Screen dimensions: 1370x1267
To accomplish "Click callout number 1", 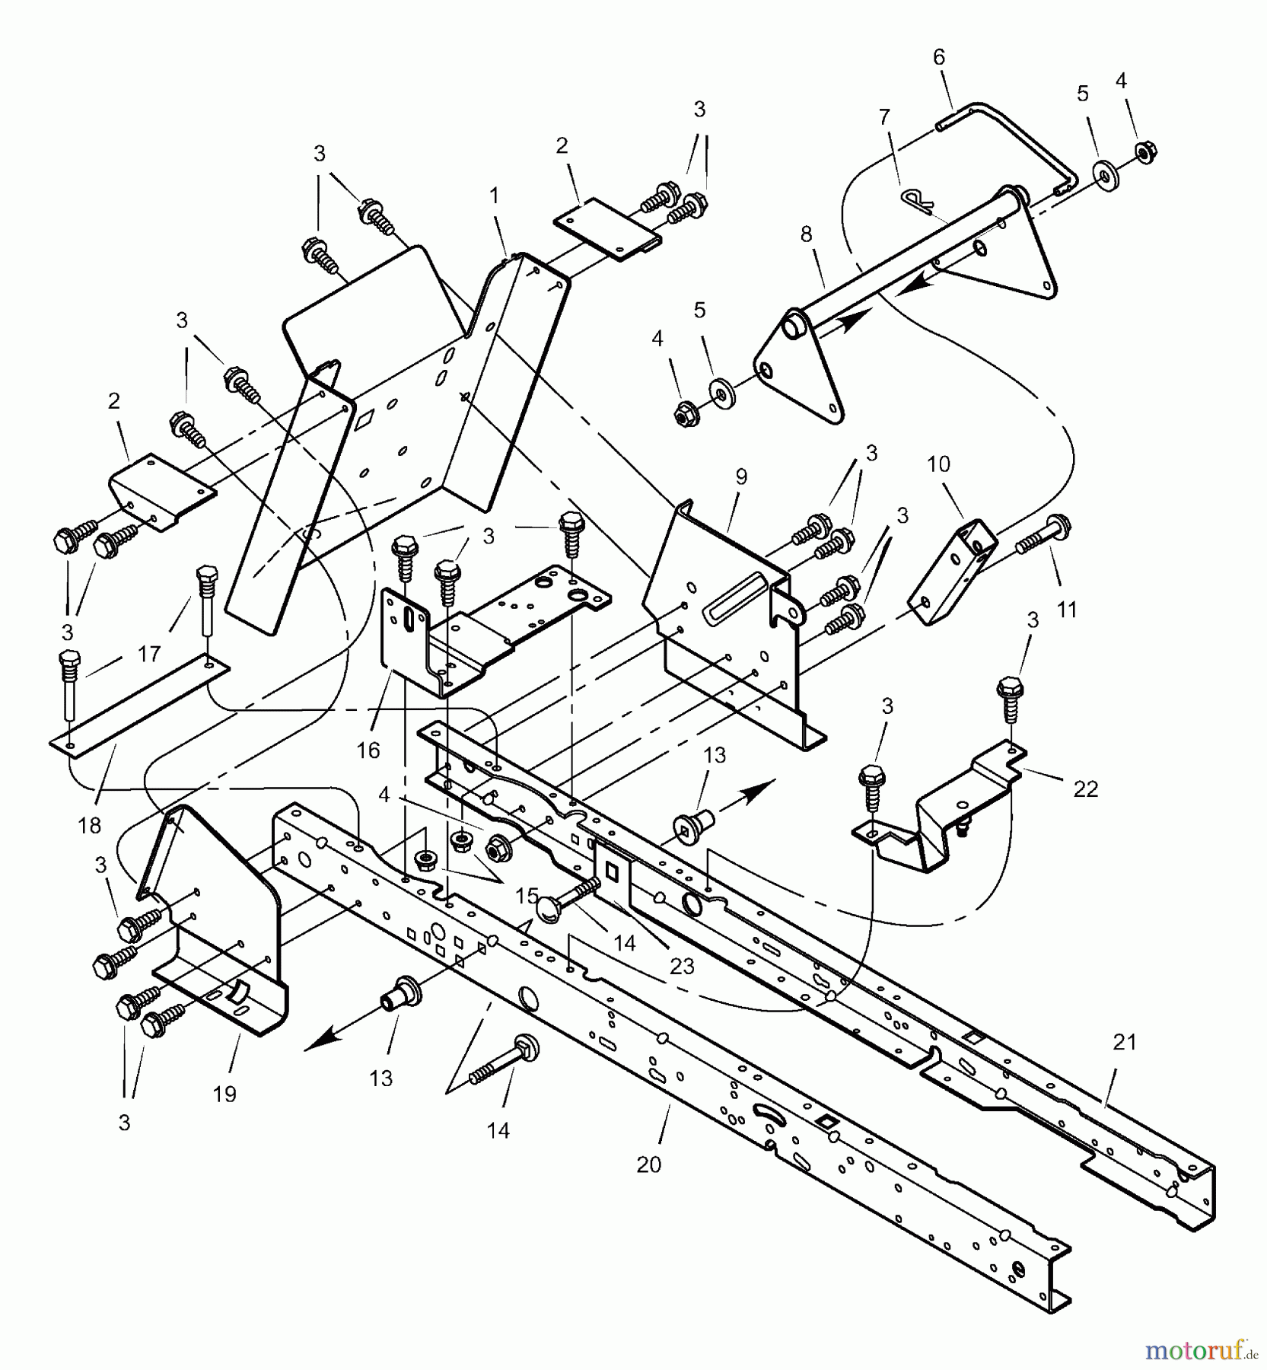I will tap(495, 196).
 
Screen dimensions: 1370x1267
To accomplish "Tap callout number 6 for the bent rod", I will tap(938, 57).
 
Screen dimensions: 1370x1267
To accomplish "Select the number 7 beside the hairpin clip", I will tap(883, 117).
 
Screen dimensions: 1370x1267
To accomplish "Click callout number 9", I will tap(740, 477).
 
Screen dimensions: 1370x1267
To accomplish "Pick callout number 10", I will tap(938, 464).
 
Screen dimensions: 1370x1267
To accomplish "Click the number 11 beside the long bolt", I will tap(1066, 609).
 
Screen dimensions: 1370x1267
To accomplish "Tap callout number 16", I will tap(368, 750).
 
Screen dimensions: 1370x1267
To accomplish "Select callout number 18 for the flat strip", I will tap(90, 826).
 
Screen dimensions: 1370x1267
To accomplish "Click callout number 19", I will tap(224, 1094).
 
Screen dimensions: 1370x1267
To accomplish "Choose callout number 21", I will tap(1125, 1042).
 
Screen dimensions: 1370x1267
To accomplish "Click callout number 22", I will tap(1085, 789).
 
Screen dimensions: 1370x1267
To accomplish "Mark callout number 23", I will tap(682, 966).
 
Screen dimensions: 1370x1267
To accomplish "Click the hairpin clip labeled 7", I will tap(916, 202).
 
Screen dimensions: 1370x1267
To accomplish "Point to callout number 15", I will tap(527, 897).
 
